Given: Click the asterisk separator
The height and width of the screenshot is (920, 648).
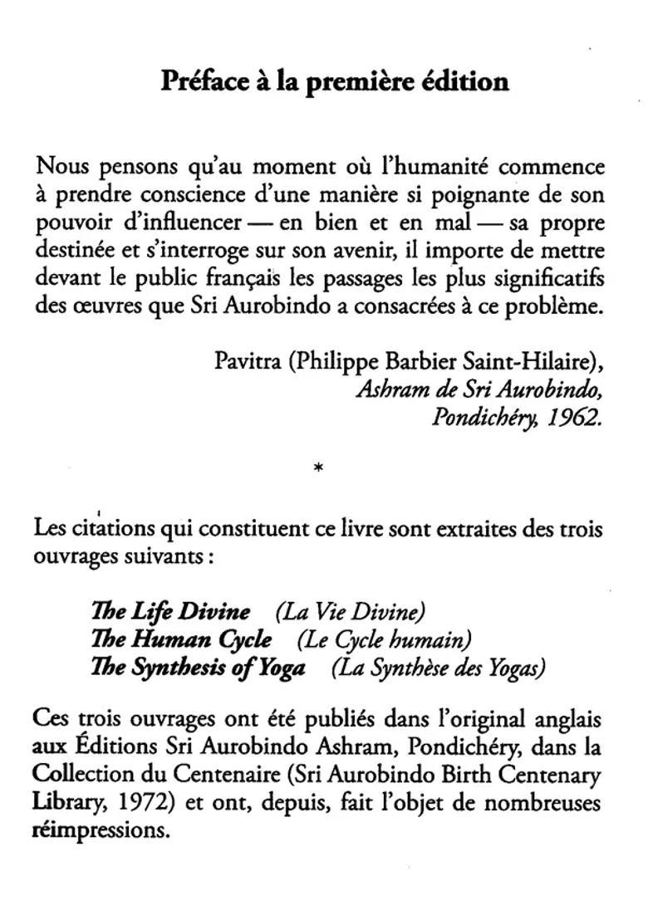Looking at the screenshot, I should [x=319, y=469].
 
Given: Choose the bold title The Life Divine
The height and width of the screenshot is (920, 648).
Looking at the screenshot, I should [x=170, y=612].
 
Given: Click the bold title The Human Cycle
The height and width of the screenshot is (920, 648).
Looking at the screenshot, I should [x=181, y=640].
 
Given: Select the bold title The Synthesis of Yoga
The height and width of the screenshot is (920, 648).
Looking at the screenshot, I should [x=198, y=668].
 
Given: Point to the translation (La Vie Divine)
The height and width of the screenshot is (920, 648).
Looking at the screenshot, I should [x=350, y=612].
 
